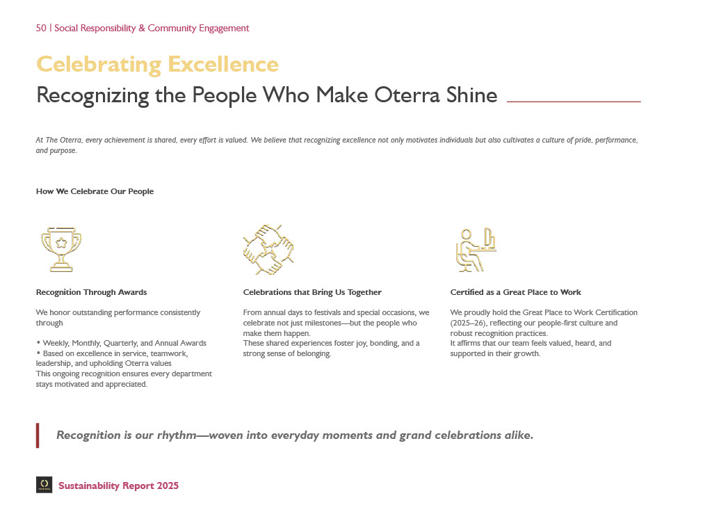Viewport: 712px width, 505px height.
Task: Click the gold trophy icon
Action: [x=61, y=249]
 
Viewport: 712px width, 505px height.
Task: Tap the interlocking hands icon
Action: [x=268, y=249]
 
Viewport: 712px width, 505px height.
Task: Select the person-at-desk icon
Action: [x=476, y=249]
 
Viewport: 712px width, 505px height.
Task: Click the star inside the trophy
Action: [x=61, y=243]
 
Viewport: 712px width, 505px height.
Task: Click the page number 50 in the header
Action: [x=41, y=28]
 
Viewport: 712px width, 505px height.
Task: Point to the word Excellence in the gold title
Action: [x=223, y=64]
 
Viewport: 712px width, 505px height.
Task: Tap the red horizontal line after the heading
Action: [x=574, y=102]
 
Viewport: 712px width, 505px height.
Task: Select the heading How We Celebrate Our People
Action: [x=95, y=192]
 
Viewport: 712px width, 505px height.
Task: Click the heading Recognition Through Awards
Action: [x=91, y=292]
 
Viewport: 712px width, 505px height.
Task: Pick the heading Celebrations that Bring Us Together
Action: [x=312, y=292]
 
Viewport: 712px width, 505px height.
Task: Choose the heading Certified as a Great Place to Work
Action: [x=515, y=292]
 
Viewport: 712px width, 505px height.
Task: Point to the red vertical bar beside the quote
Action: [x=38, y=435]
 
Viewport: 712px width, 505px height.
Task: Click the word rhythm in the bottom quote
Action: [x=177, y=435]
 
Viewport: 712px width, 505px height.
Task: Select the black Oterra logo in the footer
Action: [x=44, y=485]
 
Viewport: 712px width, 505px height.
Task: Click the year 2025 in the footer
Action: [x=168, y=486]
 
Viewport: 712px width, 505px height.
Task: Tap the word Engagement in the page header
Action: [x=224, y=29]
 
